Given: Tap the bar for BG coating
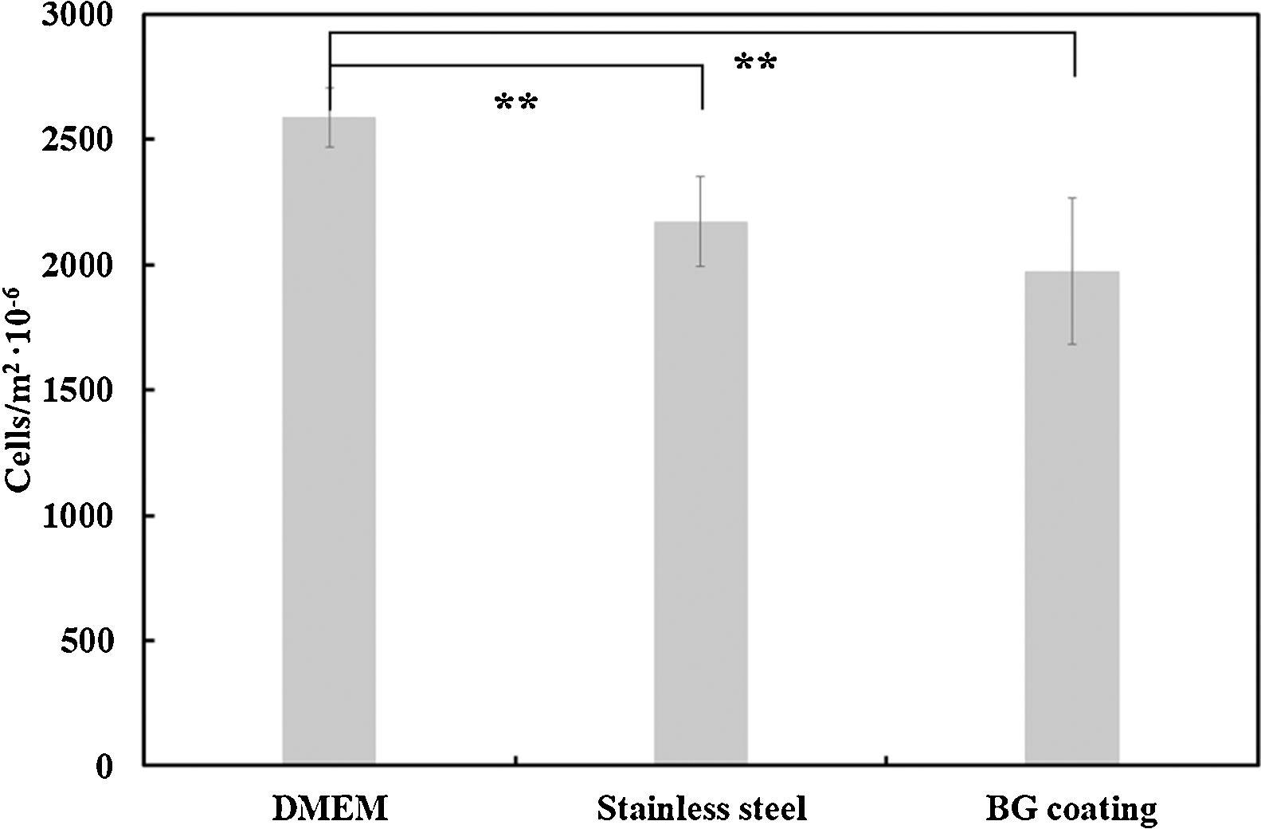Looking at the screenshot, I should pos(1071,518).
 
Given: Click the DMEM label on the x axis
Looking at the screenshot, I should pos(330,809).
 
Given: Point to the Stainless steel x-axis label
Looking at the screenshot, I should pos(702,809).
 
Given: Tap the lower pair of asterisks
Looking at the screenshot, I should pos(516,103).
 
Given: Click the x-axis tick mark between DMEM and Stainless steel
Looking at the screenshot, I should pos(515,760).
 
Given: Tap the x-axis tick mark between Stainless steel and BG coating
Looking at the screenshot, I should pos(887,760).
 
